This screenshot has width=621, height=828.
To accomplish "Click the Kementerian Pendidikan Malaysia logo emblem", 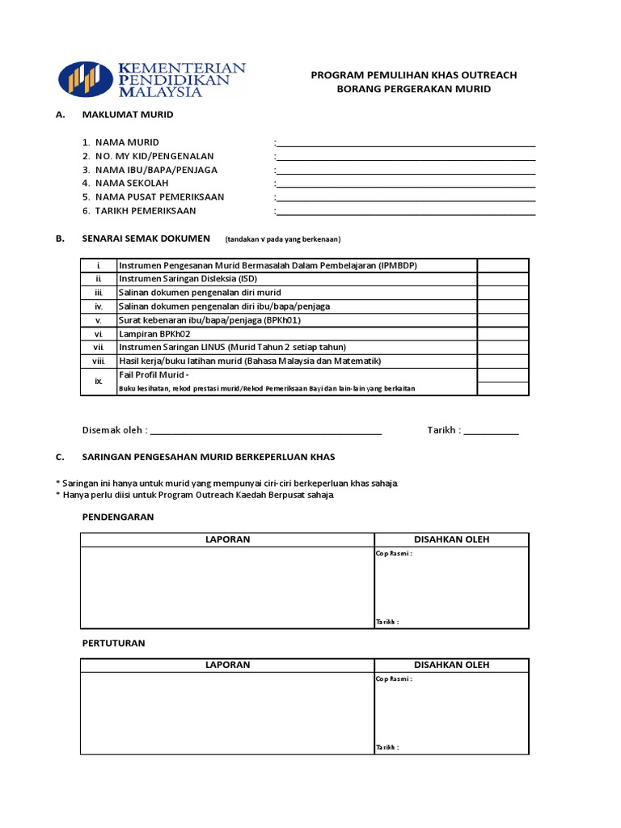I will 86,78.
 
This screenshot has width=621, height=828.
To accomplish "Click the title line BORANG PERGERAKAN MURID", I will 413,89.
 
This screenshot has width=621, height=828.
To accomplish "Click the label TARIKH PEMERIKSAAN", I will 145,211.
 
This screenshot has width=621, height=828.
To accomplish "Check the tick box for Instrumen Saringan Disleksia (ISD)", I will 502,279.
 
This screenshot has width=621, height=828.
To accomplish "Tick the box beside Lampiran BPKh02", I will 502,333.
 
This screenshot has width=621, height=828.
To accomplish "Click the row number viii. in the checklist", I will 99,361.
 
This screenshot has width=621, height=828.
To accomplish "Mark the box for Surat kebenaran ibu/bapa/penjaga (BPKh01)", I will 502,319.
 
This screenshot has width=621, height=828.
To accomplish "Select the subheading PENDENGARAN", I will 118,517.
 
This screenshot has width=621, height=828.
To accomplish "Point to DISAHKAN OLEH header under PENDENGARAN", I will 451,539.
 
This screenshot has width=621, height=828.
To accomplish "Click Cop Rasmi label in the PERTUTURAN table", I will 394,679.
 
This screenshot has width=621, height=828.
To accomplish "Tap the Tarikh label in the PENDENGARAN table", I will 387,622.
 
